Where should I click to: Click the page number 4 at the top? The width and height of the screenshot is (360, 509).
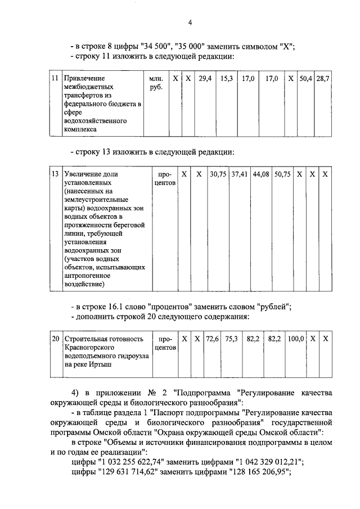[190, 22]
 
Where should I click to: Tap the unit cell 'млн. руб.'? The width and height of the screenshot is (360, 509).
[155, 84]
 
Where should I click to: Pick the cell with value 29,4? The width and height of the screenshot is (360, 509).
[205, 79]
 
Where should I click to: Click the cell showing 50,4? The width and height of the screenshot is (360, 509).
[305, 79]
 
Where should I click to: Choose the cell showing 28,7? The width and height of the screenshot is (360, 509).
[322, 79]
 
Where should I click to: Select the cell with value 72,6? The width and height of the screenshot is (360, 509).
[212, 339]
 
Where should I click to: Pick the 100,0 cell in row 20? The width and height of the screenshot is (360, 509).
[296, 339]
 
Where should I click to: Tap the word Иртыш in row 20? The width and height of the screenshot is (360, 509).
[101, 364]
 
